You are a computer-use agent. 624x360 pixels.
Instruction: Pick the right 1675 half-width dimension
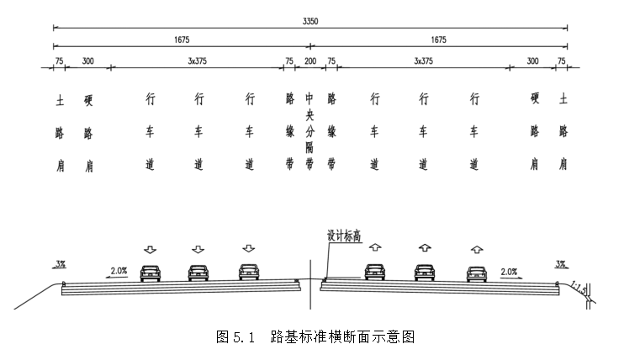click(x=437, y=39)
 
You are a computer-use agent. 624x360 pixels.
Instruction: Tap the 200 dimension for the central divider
click(x=309, y=61)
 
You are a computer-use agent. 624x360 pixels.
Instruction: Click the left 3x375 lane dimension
click(x=198, y=61)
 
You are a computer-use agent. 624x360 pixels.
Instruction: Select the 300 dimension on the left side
click(x=87, y=61)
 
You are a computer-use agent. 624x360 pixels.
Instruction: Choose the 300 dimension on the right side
click(x=533, y=61)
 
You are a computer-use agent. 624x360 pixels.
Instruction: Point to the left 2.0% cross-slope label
click(x=119, y=271)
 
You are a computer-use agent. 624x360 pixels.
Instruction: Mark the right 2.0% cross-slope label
click(x=508, y=271)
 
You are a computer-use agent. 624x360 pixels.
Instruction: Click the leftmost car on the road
click(x=151, y=272)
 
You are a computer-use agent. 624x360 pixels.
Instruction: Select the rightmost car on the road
click(x=476, y=272)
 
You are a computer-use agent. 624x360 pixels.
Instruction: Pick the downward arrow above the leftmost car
click(x=151, y=249)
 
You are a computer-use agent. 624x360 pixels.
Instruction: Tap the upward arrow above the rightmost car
click(x=476, y=249)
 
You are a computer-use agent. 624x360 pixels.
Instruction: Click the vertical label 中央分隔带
click(x=309, y=131)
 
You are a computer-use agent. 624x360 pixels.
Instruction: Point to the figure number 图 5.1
click(x=235, y=337)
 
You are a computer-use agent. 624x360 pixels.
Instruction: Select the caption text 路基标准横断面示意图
click(x=343, y=337)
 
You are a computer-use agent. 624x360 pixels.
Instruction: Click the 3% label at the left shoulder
click(x=61, y=264)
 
